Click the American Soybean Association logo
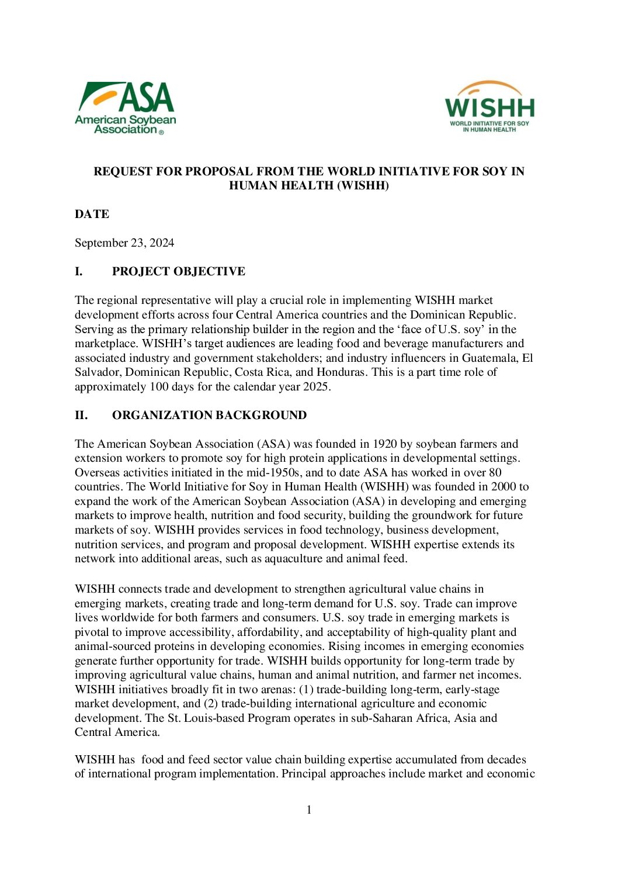(125, 108)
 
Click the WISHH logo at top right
(489, 107)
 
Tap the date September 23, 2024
(124, 243)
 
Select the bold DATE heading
(92, 215)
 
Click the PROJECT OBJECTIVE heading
(178, 272)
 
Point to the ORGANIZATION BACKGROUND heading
(209, 416)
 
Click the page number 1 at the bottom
(309, 810)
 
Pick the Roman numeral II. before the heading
(81, 416)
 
